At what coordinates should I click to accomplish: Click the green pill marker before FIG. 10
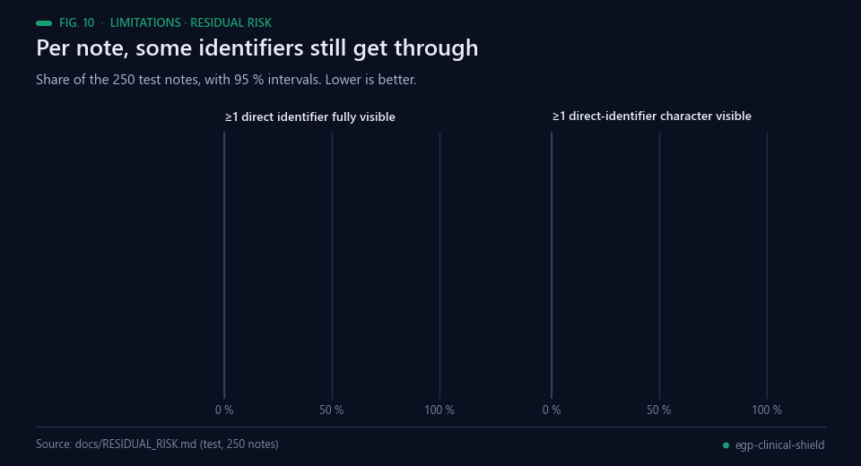44,23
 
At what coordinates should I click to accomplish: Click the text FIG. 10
77,23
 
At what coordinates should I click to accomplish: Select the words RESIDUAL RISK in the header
230,23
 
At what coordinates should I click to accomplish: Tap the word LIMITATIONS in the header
145,23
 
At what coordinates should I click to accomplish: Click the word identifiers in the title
251,47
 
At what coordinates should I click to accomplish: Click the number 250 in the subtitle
124,80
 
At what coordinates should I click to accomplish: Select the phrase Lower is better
370,80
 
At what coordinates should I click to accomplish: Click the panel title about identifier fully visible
310,116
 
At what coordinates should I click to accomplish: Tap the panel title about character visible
652,116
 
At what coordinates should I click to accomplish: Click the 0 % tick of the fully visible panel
224,410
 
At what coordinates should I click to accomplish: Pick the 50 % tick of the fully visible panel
332,410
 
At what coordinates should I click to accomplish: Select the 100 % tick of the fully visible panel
439,410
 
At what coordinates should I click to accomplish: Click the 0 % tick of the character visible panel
552,410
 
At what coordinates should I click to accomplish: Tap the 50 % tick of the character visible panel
659,410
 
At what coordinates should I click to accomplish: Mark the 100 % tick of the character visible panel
767,410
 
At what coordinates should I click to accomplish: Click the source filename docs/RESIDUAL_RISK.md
135,444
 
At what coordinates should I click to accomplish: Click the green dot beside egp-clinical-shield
726,445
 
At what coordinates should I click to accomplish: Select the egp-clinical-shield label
779,445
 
